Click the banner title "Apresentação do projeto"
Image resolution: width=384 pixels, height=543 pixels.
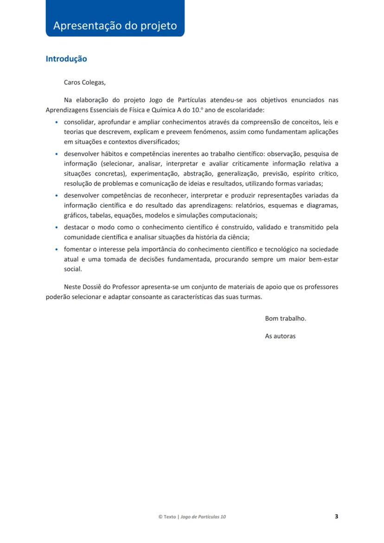tap(115, 26)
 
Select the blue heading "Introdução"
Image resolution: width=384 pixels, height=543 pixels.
tap(66, 59)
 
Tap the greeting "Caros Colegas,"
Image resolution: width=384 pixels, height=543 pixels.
tap(84, 83)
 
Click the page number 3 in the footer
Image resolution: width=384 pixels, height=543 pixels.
tap(336, 516)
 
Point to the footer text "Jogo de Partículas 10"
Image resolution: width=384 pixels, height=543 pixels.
tap(203, 517)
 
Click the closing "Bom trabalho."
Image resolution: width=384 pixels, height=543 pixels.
tap(285, 319)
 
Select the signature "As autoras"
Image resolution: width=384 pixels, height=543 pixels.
tap(280, 336)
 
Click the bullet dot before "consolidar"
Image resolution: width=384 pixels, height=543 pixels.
tap(57, 122)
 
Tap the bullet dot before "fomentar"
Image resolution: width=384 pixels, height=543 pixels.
tap(57, 249)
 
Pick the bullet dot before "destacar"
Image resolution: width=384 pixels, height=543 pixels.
tap(57, 228)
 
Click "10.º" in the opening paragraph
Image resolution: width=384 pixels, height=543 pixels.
tap(198, 110)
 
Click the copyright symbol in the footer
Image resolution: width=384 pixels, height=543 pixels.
tap(160, 517)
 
